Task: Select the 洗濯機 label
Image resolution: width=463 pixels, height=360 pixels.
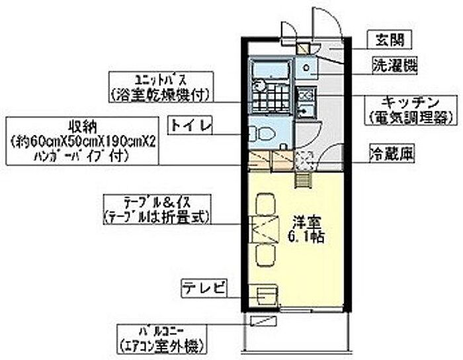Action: point(394,66)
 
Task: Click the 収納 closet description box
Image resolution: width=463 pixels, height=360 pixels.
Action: point(81,140)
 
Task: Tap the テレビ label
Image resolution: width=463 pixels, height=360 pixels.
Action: point(205,288)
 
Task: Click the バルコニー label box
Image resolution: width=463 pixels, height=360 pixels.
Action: point(161,337)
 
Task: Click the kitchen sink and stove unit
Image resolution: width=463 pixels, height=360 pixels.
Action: point(305,101)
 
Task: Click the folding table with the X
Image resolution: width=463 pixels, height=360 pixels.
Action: point(265,228)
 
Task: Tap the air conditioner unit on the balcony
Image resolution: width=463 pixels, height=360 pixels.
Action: point(265,322)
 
